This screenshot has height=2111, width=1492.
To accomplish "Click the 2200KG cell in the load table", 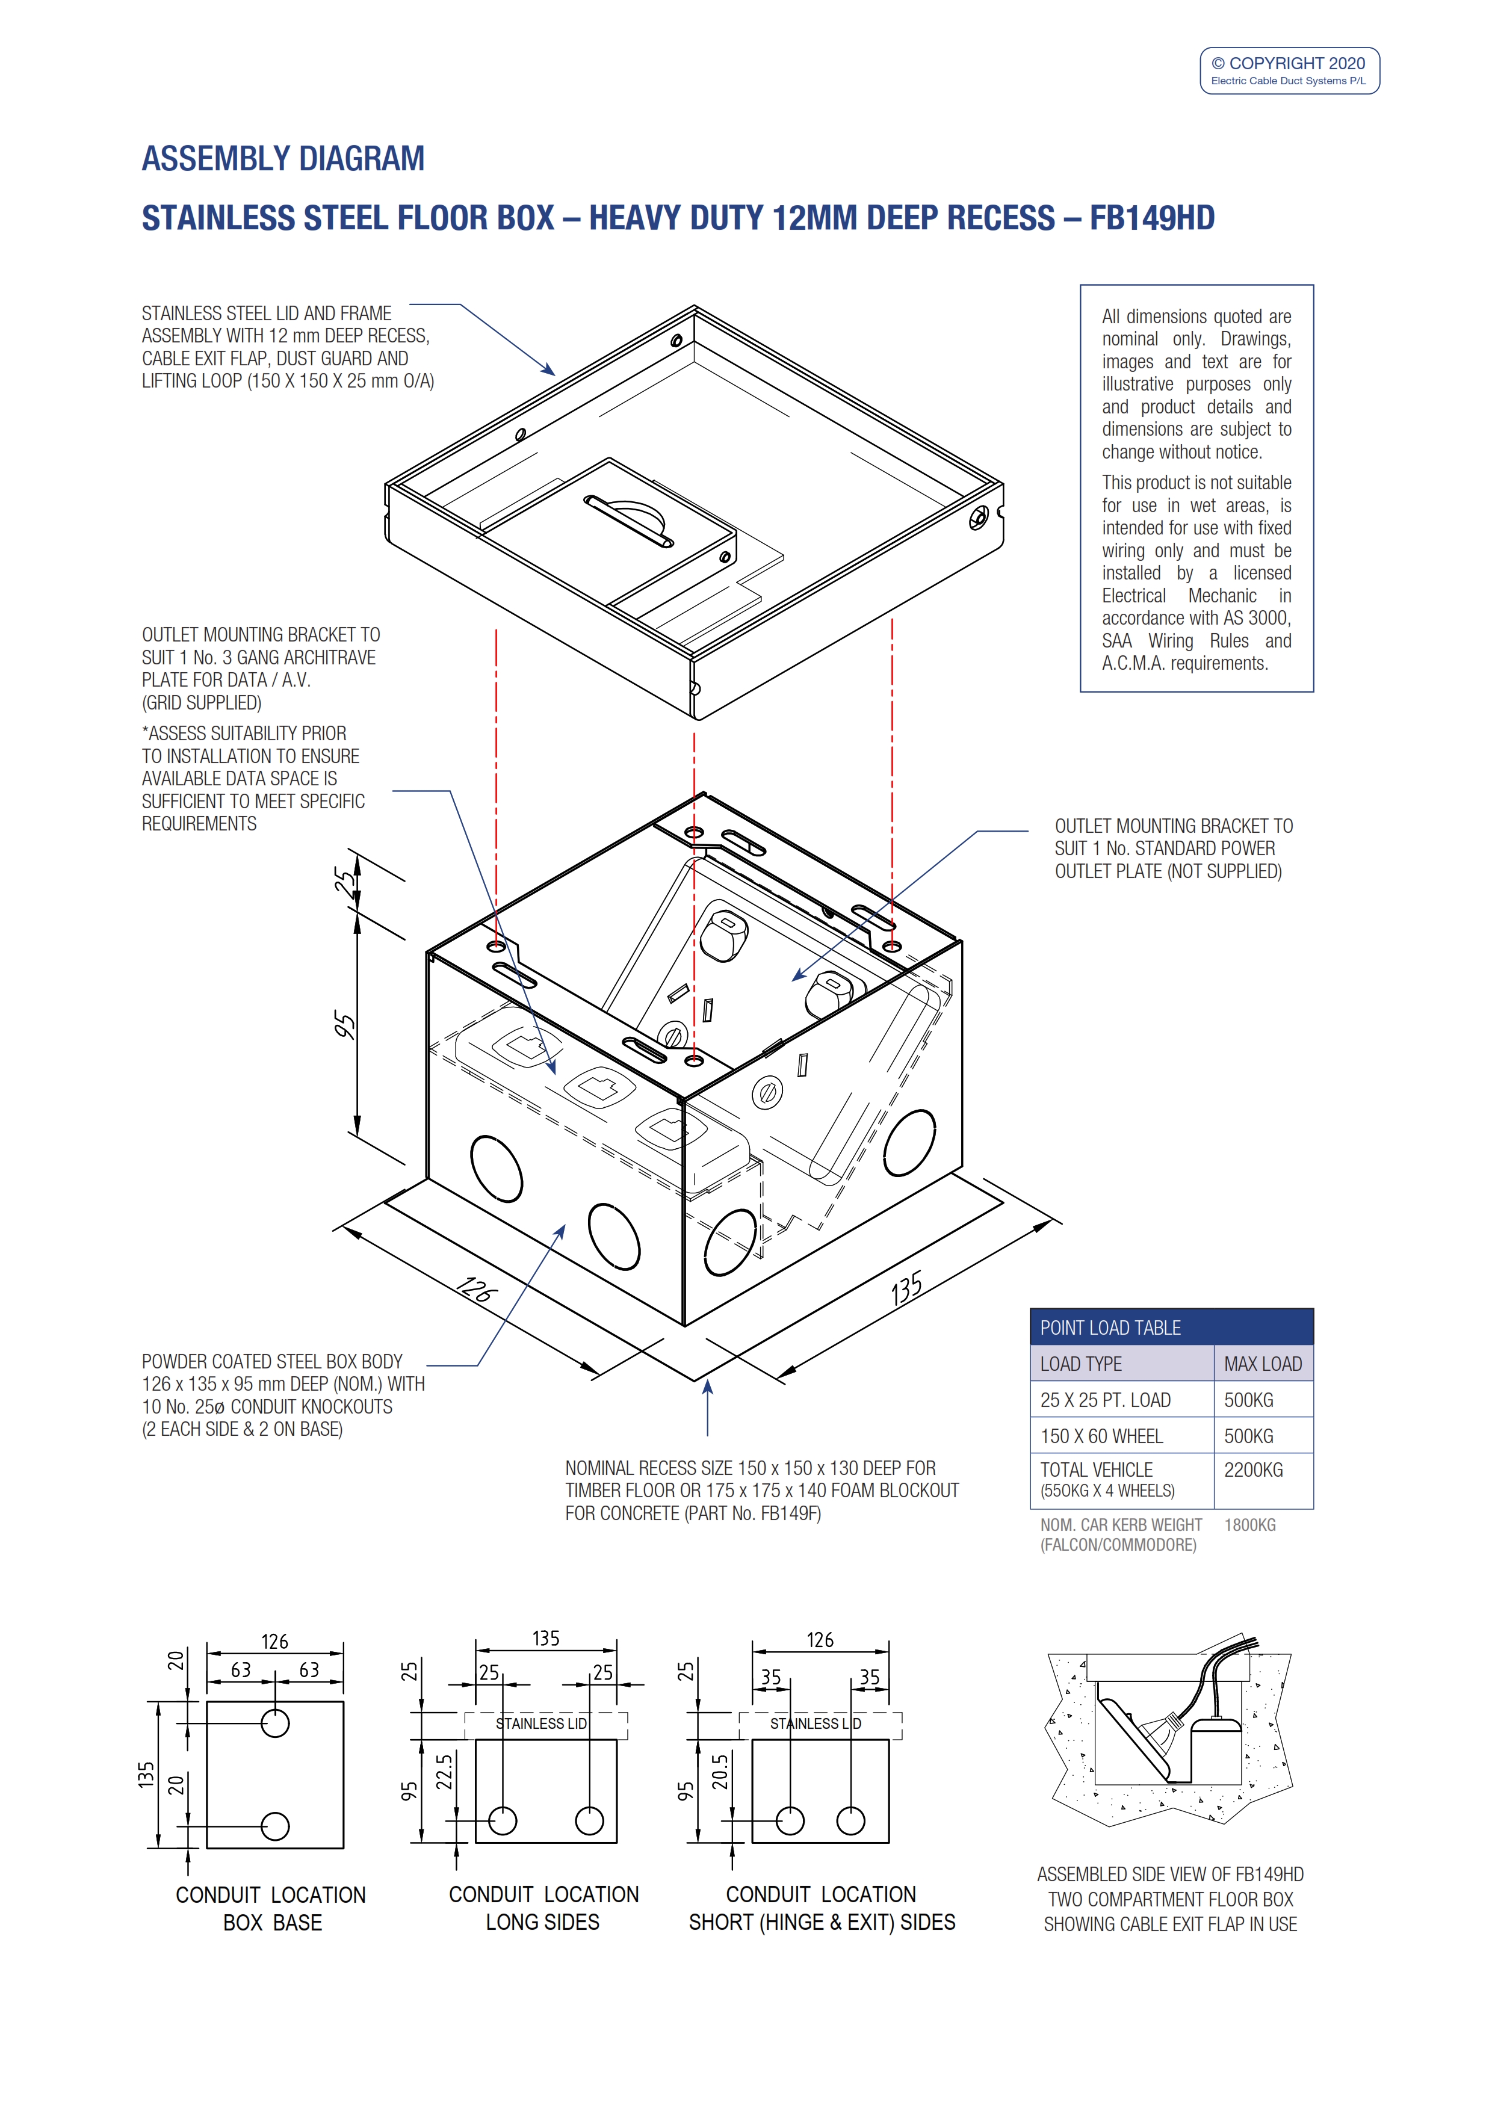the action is point(1253,1470).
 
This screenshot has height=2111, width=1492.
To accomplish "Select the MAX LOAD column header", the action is point(1263,1364).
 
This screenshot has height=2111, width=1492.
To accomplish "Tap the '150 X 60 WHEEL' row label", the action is point(1101,1435).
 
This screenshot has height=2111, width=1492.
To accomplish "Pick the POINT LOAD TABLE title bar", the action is point(1171,1327).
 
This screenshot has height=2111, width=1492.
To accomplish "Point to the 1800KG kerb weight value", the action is point(1250,1524).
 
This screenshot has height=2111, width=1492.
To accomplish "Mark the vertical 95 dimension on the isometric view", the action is point(344,1025).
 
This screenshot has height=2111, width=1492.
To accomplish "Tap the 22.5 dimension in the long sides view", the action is point(444,1772).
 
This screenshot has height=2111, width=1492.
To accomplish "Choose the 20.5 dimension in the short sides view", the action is point(720,1772).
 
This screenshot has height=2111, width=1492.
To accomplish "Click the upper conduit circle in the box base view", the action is point(275,1723).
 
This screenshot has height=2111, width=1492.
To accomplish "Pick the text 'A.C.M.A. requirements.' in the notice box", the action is point(1185,663).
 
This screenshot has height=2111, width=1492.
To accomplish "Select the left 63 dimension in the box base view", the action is point(241,1670).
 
